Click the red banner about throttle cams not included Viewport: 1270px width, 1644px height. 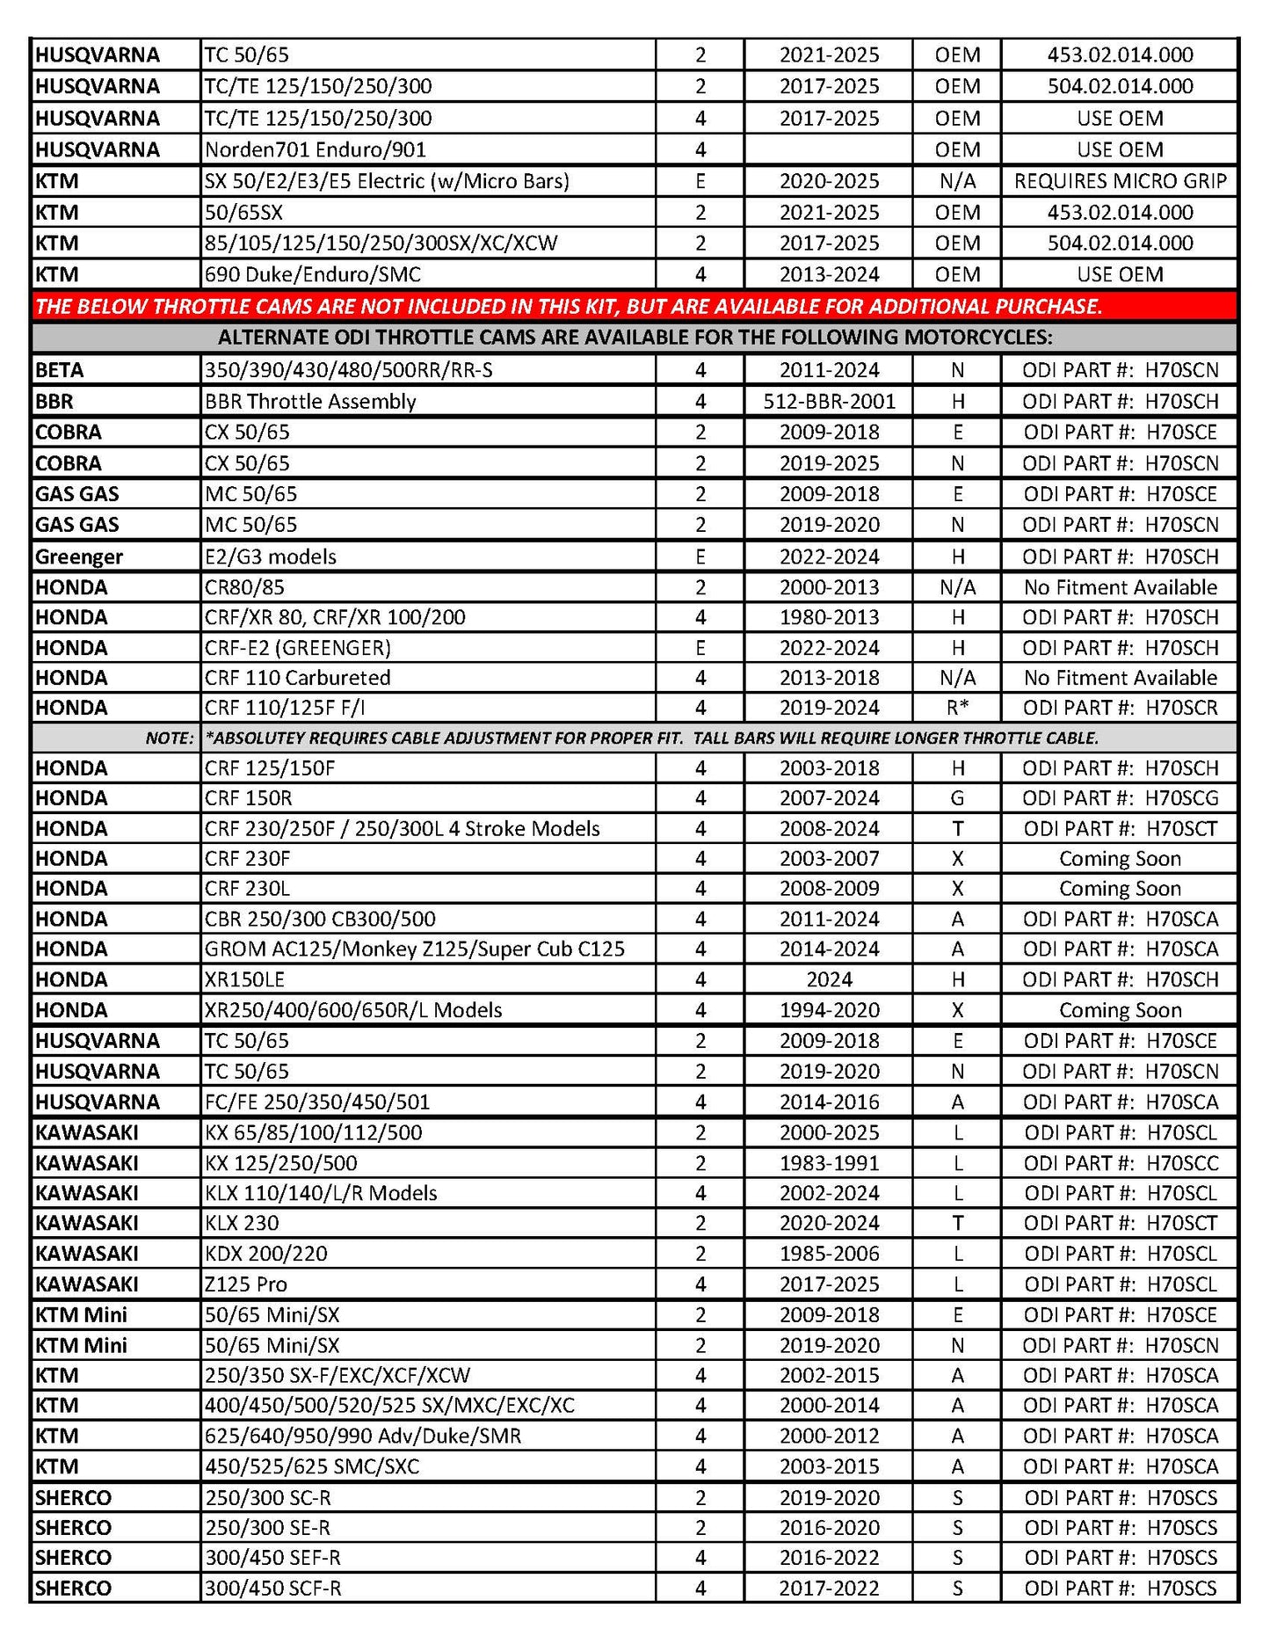568,307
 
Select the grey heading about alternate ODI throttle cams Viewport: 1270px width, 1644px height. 635,338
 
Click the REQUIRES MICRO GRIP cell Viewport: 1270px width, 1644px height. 1120,181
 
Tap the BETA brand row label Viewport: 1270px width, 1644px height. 60,370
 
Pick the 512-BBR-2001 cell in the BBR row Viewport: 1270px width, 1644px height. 829,402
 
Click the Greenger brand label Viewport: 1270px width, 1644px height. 79,556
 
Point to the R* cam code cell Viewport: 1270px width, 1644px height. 957,708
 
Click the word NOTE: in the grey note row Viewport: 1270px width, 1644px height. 170,738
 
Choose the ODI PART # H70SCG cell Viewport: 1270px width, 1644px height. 1120,798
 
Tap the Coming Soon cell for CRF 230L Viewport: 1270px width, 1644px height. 1120,889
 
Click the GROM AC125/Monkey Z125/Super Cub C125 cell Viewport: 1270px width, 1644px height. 415,949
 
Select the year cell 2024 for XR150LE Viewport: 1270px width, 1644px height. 829,979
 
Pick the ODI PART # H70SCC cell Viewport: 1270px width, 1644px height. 1120,1163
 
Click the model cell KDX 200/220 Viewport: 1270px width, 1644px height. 266,1254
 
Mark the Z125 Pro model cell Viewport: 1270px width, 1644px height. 246,1284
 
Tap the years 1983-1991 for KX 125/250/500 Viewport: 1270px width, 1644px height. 829,1163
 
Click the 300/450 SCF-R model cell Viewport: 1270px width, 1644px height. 273,1589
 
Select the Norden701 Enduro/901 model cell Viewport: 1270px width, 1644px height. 316,149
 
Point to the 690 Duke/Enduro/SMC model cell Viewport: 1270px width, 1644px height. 313,274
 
